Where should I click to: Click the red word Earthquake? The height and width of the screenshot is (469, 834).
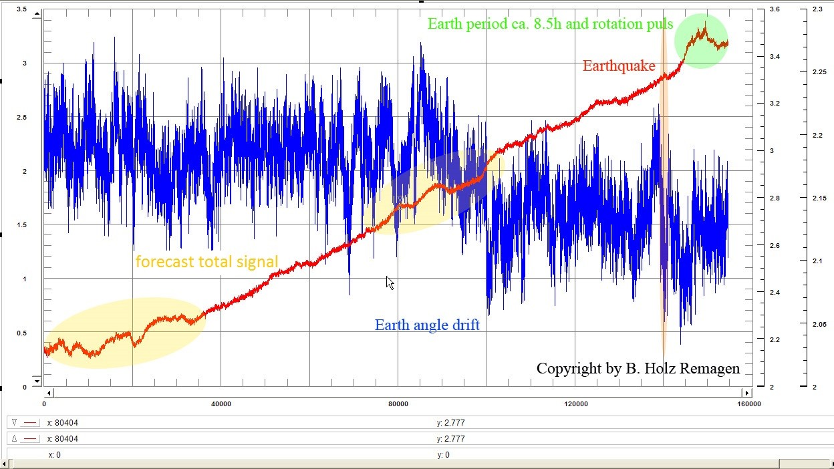pos(618,65)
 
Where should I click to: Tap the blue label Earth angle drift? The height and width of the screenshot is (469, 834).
pos(427,325)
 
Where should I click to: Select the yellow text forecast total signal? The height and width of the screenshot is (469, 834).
pos(206,261)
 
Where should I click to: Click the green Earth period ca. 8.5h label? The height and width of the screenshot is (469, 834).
pos(550,24)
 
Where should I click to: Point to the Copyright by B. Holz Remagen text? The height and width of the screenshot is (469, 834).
pos(638,368)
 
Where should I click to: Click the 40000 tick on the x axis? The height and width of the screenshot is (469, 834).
pos(221,404)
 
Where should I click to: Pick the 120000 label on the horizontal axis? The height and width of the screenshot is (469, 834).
pos(576,404)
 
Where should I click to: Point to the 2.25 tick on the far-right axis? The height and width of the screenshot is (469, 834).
pos(818,72)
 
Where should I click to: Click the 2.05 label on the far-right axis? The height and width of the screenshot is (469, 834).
pos(818,325)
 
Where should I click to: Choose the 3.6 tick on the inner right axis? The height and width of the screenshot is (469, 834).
pos(775,9)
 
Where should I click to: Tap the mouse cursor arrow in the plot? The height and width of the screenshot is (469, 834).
pos(390,283)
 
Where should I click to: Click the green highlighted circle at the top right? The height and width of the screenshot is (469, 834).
pos(701,41)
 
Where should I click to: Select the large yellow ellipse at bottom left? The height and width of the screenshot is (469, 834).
pos(124,333)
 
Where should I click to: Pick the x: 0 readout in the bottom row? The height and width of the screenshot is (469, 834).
pos(54,455)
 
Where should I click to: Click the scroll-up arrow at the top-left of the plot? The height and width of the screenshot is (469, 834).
pos(37,13)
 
